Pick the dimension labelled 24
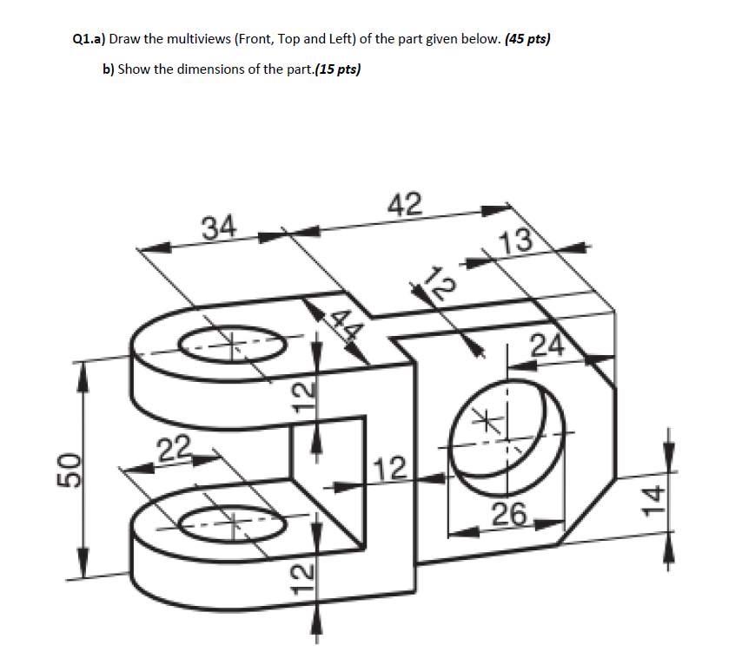tap(547, 346)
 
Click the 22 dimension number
tap(175, 451)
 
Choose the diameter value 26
tap(510, 515)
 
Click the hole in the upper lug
tap(231, 344)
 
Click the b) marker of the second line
tap(109, 69)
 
